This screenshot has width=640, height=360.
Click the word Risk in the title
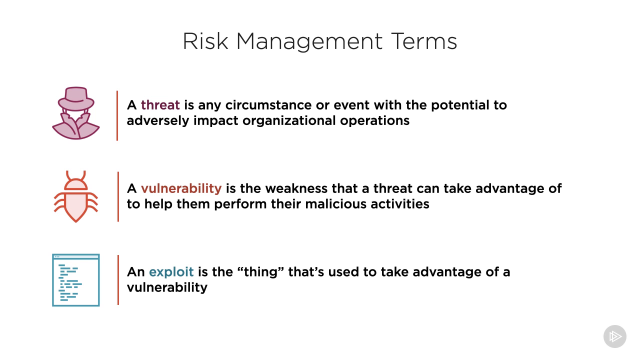pyautogui.click(x=205, y=41)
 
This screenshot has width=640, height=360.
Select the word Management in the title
pyautogui.click(x=309, y=42)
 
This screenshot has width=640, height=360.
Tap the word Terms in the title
pyautogui.click(x=424, y=41)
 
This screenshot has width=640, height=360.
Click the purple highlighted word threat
pyautogui.click(x=160, y=105)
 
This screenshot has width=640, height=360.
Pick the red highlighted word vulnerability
pyautogui.click(x=181, y=188)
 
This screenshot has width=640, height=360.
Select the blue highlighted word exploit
pyautogui.click(x=171, y=272)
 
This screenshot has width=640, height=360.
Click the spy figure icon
pyautogui.click(x=76, y=113)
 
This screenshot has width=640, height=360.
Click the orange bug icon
pyautogui.click(x=76, y=196)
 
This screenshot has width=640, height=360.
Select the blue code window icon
pyautogui.click(x=76, y=280)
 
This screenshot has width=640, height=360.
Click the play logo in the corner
pyautogui.click(x=615, y=336)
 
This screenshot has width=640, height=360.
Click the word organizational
pyautogui.click(x=289, y=120)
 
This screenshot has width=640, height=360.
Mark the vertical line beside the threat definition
pyautogui.click(x=117, y=115)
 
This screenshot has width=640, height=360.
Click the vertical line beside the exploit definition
pyautogui.click(x=118, y=280)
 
